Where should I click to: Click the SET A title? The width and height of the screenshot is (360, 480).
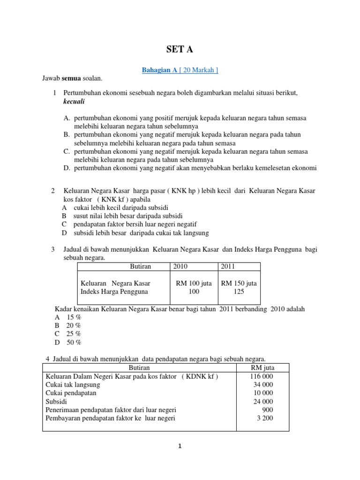point(180,50)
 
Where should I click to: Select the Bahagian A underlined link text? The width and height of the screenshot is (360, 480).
point(159,70)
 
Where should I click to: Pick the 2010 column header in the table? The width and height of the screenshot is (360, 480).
point(180,266)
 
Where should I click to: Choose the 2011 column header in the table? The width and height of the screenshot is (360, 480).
point(228,266)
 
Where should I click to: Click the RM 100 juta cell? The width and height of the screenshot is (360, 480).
point(194,283)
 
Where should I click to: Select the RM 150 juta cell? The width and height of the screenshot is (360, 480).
point(239,283)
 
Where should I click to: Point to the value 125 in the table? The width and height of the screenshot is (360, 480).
point(239,292)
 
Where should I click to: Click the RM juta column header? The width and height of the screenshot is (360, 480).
point(262,367)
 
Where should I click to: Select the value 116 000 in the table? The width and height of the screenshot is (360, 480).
point(262,376)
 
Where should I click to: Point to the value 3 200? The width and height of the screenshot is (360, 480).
point(265,418)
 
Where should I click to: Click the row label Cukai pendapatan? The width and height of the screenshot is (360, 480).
point(71,393)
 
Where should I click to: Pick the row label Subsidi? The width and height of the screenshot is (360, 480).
point(56,401)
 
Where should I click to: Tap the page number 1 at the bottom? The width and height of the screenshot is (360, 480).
point(180,446)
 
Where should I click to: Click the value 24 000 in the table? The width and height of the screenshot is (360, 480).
point(263,401)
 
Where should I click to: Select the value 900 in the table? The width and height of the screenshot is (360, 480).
point(268,410)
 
